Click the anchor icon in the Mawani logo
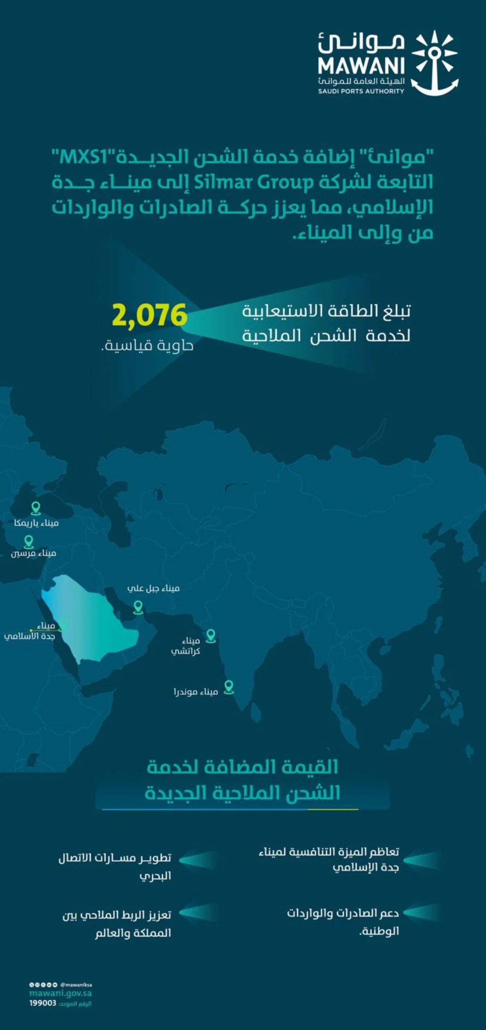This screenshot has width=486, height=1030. pos(435,63)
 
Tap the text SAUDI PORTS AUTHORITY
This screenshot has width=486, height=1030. pos(361,91)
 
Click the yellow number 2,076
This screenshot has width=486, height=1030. pos(150,315)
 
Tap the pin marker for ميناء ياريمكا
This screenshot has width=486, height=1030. pos(36,509)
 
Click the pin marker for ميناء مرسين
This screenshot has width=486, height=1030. pos(29,541)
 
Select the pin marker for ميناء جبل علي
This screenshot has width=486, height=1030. pos(138,607)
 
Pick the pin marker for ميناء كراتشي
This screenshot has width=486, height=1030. pos(211,636)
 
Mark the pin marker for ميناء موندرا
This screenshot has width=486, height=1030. pos(229,687)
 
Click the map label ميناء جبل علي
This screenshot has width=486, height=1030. pos(153,588)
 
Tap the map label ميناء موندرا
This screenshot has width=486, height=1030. pos(196,692)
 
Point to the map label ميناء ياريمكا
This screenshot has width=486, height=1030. pos(36,523)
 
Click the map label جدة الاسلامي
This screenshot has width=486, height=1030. pos(30,636)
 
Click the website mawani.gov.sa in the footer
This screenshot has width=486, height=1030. pos(60,993)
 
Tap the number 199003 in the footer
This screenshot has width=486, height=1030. pos(43,1003)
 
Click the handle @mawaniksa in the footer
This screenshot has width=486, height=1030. pos(76,985)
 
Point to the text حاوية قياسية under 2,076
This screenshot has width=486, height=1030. pos(148,346)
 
